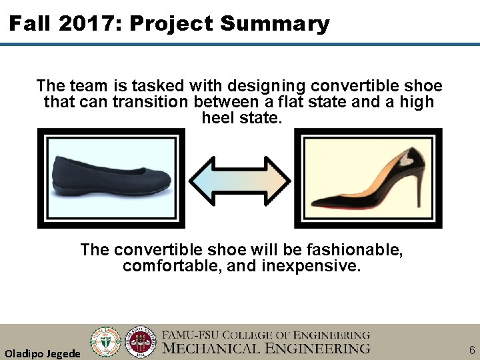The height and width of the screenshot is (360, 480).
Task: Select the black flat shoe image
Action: click(x=111, y=178)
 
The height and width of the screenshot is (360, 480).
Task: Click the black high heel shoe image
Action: click(x=368, y=179)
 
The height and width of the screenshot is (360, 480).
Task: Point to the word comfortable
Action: click(x=166, y=266)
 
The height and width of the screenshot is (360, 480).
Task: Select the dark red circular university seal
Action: click(x=141, y=341)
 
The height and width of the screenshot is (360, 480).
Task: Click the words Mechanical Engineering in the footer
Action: click(x=266, y=348)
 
